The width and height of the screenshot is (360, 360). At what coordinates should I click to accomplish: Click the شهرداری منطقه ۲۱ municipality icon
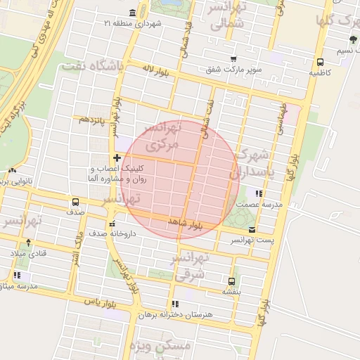(x=133, y=13)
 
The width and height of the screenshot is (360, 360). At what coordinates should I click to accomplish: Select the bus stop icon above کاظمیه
(x=321, y=62)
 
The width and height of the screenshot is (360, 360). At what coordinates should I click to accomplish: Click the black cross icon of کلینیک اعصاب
(x=117, y=157)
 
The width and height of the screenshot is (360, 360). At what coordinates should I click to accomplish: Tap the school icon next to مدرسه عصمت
(x=259, y=193)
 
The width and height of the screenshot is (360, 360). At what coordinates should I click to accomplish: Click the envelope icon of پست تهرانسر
(x=252, y=230)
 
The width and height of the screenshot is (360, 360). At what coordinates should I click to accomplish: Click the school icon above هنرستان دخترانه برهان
(x=174, y=304)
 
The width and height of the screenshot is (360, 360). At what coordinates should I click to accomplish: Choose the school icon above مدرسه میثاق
(x=17, y=276)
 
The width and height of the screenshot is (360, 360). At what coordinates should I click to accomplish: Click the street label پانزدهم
(x=94, y=120)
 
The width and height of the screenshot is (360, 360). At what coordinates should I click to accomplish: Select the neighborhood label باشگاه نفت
(x=92, y=66)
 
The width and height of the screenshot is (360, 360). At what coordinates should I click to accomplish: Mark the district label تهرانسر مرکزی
(x=162, y=136)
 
